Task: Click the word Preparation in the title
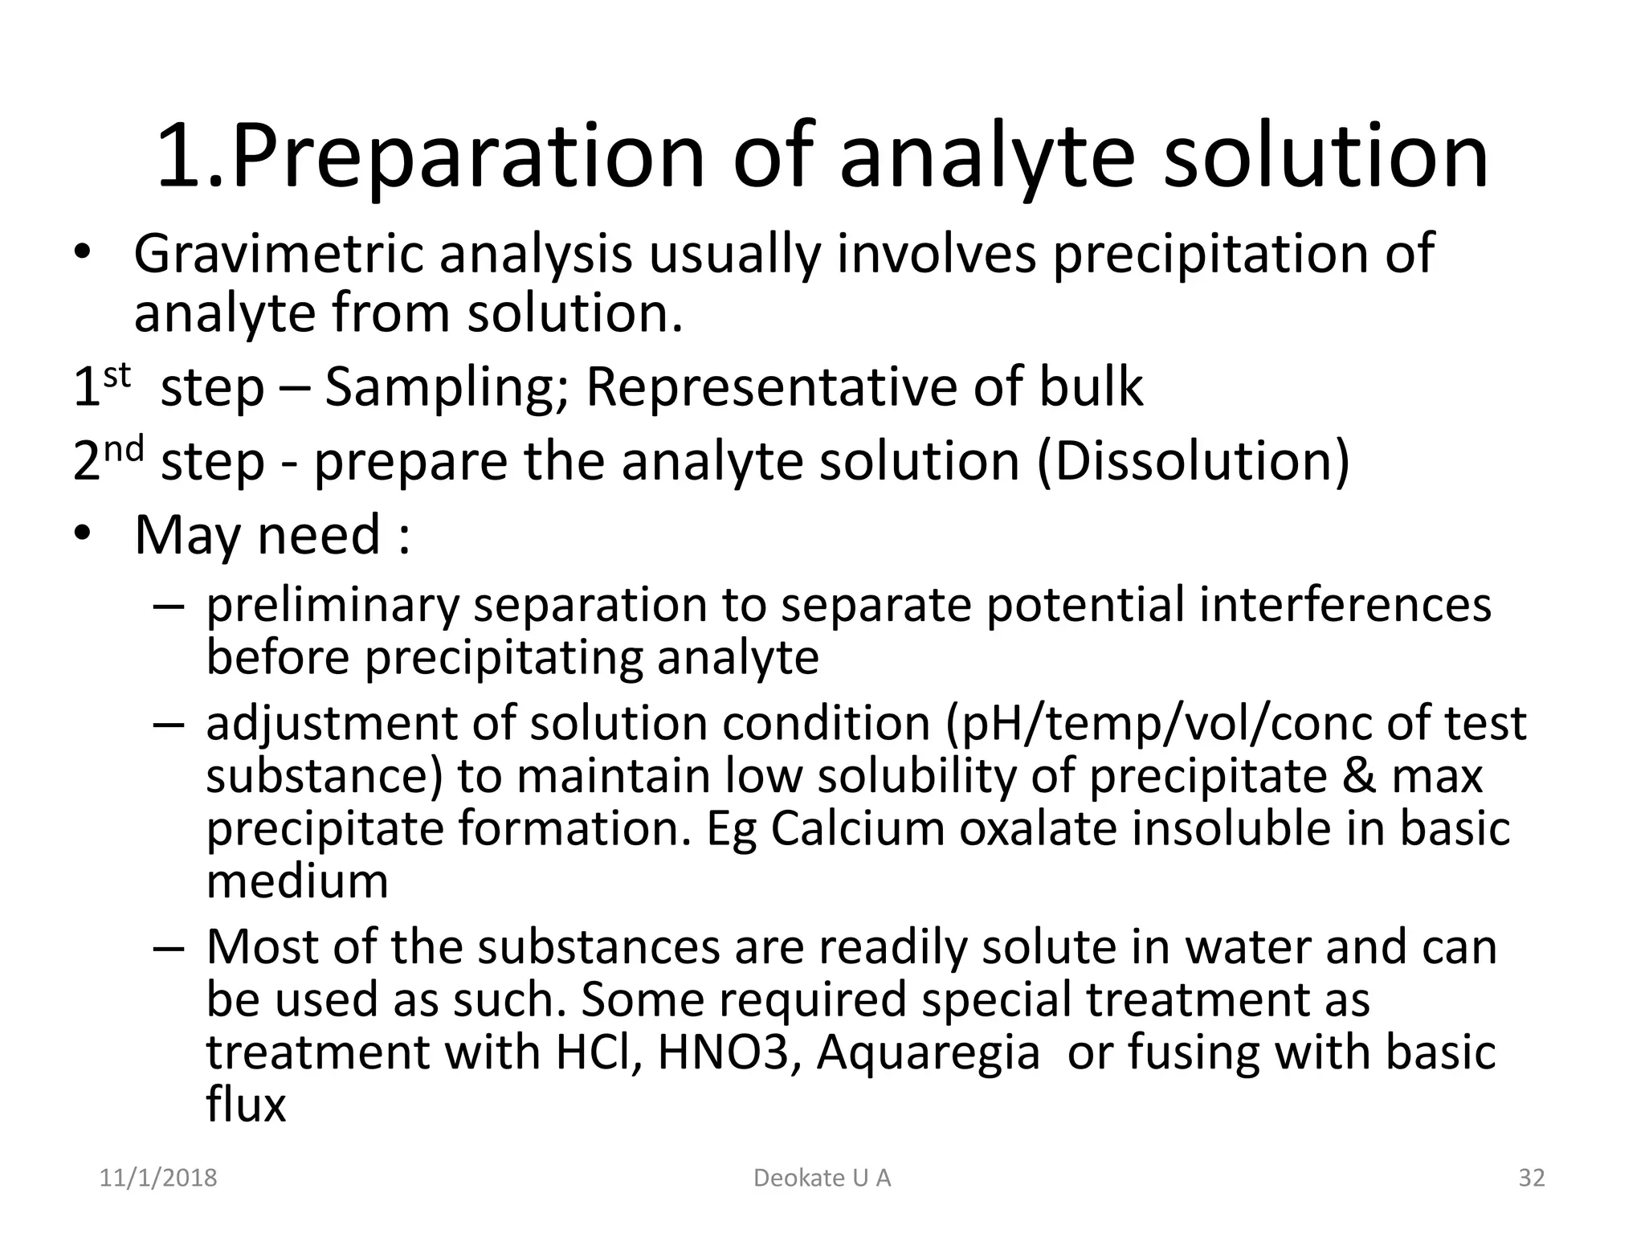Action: tap(468, 157)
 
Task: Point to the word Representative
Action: tap(773, 387)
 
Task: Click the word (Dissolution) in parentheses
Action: tap(1194, 462)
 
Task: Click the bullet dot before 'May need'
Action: tap(83, 534)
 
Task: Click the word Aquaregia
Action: tap(928, 1052)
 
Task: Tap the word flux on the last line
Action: tap(246, 1104)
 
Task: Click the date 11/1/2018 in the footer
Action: tap(158, 1178)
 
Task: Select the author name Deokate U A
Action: tap(822, 1178)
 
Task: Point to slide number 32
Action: tap(1532, 1178)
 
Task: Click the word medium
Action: tap(297, 881)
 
